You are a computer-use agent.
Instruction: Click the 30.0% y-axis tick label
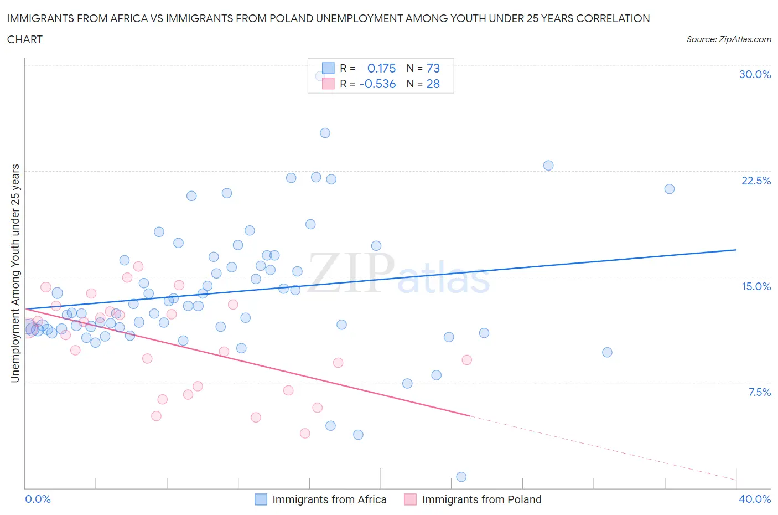point(755,74)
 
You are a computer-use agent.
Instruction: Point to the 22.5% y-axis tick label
point(756,181)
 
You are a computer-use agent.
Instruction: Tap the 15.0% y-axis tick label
point(756,286)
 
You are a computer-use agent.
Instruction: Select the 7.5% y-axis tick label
point(759,392)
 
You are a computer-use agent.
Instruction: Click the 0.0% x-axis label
point(38,499)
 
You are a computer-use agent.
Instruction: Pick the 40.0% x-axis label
point(755,499)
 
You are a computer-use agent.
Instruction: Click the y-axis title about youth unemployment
point(15,273)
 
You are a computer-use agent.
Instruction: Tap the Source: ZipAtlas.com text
point(728,39)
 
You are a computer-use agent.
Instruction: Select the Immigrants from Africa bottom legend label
point(329,499)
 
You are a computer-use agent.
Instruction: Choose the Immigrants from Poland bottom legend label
point(481,499)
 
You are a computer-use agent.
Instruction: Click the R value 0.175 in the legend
point(381,68)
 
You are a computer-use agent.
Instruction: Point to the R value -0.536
point(377,84)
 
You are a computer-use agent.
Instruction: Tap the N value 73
point(433,68)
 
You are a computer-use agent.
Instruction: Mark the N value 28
point(433,84)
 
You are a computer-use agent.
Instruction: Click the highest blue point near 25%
point(325,133)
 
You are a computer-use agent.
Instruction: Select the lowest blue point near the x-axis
point(461,477)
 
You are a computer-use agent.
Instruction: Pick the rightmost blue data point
point(669,189)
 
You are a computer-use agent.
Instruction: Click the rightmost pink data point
point(466,360)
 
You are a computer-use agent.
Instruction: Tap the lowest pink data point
point(304,433)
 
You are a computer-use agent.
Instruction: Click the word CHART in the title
point(25,39)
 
